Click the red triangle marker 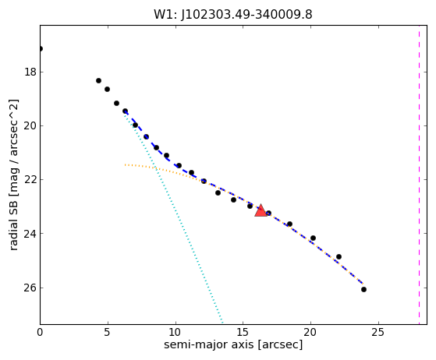coord(261,211)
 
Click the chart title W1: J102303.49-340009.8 coord(233,14)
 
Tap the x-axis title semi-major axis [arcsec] coord(233,344)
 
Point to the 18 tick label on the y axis coord(30,72)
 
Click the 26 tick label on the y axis coord(30,288)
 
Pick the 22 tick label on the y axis coord(30,180)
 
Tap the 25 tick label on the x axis coord(378,332)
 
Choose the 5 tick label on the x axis coord(108,332)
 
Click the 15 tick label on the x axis coord(243,332)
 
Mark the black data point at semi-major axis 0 coord(41,49)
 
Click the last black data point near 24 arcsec coord(363,289)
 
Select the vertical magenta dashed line coord(420,175)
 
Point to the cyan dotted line coord(174,217)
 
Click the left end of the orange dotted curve coord(125,164)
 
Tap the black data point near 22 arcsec coord(339,256)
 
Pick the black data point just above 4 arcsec coord(98,80)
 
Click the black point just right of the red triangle coord(268,214)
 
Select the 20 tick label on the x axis coord(310,332)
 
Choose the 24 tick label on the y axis coord(30,234)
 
